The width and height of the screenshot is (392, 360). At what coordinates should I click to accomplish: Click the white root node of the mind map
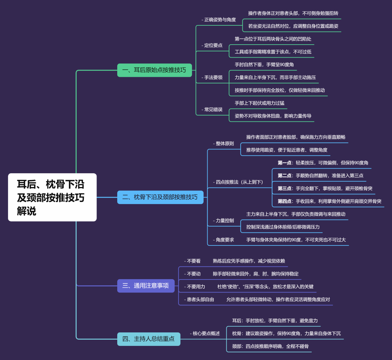click(x=52, y=197)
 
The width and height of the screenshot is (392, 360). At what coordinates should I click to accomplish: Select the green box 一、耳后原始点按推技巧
click(x=154, y=70)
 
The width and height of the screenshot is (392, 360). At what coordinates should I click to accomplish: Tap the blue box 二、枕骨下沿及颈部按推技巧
click(x=160, y=197)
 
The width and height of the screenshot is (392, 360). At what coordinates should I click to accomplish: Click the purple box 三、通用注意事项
click(x=146, y=286)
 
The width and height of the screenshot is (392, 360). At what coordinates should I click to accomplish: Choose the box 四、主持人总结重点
click(x=148, y=339)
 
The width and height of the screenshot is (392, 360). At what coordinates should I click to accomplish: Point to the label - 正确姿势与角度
click(x=219, y=20)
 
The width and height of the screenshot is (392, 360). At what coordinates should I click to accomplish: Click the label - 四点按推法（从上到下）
click(x=238, y=182)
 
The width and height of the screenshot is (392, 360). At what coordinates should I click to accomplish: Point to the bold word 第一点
click(x=285, y=163)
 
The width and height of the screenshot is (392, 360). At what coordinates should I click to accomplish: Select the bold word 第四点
click(x=285, y=201)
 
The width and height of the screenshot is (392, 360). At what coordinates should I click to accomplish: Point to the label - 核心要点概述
click(x=205, y=334)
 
